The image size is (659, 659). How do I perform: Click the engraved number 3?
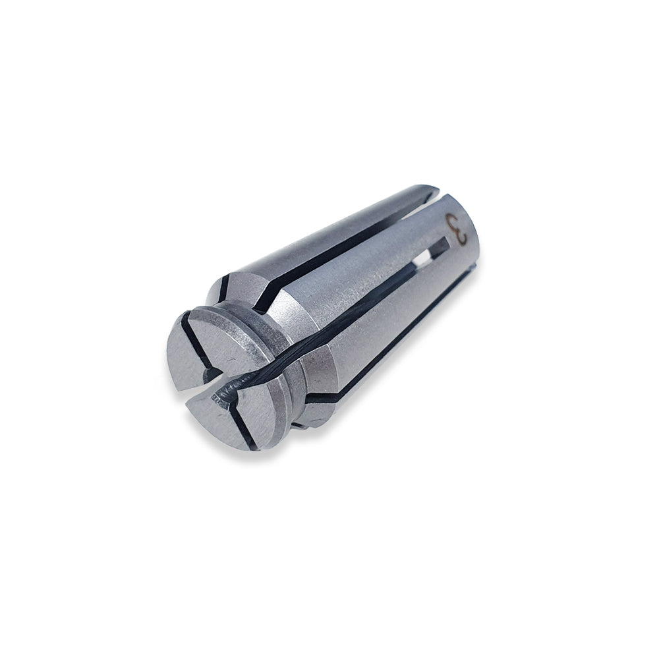point(457,229)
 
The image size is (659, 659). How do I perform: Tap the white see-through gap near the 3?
point(422,258)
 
